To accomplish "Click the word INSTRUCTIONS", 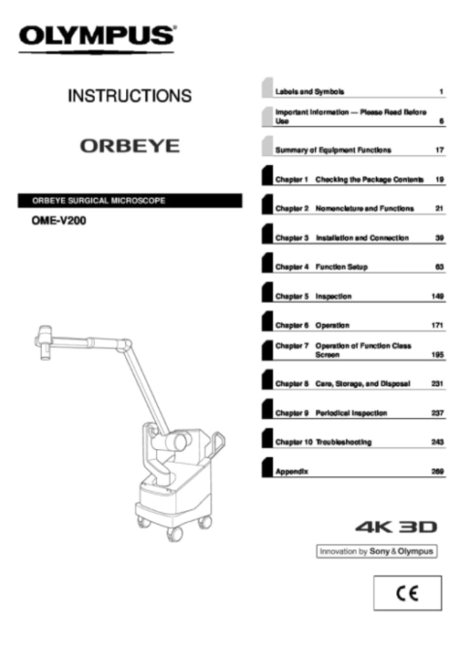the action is (x=130, y=96).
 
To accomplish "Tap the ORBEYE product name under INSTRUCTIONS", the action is (x=130, y=146).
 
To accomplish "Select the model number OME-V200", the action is (x=59, y=221).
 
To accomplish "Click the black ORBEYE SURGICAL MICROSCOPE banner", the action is (x=130, y=201).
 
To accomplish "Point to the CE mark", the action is (x=407, y=593).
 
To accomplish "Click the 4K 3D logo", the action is (x=396, y=527).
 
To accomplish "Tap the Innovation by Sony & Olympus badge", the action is (x=376, y=551).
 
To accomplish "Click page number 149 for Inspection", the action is (x=437, y=296).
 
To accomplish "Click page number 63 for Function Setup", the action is (x=440, y=267).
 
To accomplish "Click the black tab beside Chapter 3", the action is (x=267, y=234).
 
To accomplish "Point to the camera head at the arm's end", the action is (x=45, y=341).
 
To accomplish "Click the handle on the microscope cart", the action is (x=217, y=444).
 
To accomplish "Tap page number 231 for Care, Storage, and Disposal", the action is (x=437, y=384).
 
